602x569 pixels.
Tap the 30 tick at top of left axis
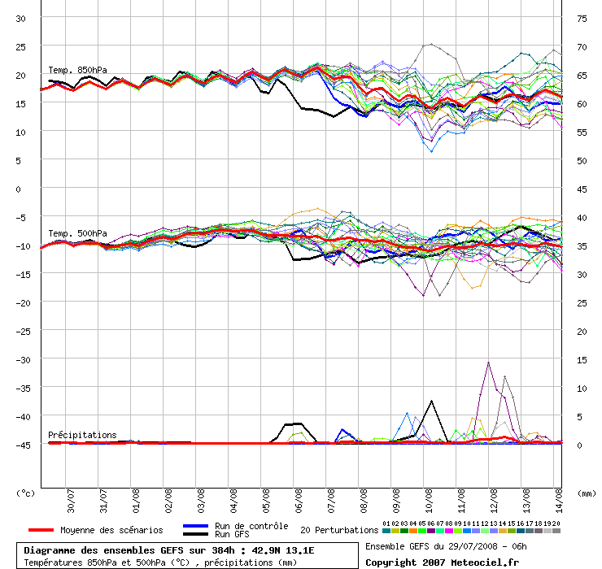click(21, 18)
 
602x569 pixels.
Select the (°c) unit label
click(25, 493)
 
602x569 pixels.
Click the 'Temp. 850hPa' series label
click(77, 70)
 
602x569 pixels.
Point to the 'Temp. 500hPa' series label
click(77, 233)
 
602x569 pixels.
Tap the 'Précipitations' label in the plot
click(82, 435)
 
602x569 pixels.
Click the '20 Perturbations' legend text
click(339, 530)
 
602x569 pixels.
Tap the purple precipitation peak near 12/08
click(488, 363)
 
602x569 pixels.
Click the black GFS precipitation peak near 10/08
click(431, 401)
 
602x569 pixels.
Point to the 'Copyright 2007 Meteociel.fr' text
click(442, 562)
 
